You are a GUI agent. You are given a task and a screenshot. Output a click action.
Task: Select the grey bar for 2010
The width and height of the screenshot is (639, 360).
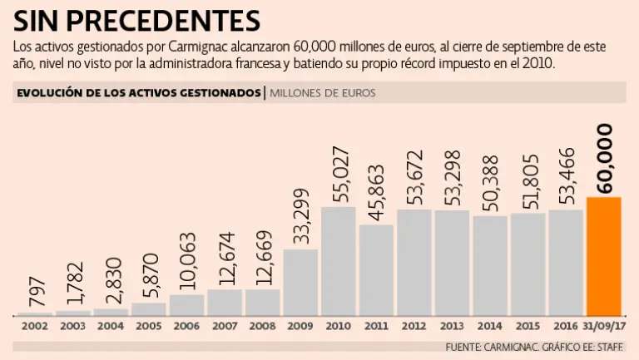point(339,261)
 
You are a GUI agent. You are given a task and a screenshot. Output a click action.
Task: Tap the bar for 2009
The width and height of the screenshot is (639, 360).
point(300,283)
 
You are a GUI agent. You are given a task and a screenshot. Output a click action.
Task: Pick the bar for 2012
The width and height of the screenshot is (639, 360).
point(414,263)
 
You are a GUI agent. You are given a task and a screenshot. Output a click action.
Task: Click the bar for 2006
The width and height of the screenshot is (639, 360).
point(187,305)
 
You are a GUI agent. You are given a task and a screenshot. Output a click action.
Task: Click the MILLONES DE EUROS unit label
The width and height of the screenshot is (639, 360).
point(322,93)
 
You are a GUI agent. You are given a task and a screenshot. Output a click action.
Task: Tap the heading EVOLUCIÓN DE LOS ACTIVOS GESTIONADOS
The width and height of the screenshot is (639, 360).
point(138,93)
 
